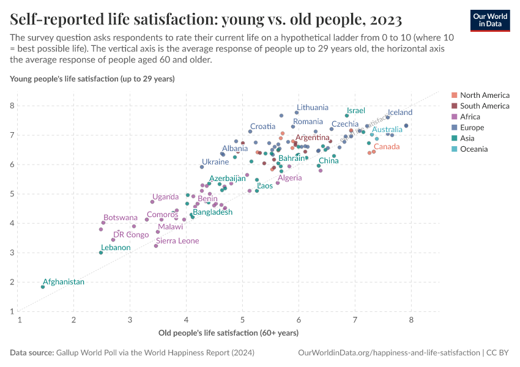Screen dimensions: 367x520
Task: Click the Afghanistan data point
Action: click(43, 287)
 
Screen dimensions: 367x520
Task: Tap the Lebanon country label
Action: click(116, 248)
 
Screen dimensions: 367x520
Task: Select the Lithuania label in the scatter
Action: click(313, 107)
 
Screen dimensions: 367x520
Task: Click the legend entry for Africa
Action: click(470, 117)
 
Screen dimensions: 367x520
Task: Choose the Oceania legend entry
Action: click(474, 149)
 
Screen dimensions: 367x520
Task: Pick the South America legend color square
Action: click(454, 106)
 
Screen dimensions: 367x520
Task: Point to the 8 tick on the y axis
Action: click(11, 106)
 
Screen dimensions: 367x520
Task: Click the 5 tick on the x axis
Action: click(243, 320)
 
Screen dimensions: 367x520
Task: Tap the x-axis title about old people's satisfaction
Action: click(228, 333)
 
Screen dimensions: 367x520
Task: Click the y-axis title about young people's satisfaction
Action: click(92, 79)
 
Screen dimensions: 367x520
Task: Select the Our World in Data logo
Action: click(489, 20)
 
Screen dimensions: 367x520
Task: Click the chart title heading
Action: click(206, 20)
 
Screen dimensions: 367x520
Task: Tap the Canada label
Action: click(387, 147)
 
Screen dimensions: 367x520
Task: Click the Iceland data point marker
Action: click(388, 117)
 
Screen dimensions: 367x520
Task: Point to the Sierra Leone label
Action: click(177, 241)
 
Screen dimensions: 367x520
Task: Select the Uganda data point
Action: click(152, 202)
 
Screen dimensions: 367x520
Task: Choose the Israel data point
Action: click(347, 116)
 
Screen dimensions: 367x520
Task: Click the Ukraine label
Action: click(215, 162)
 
